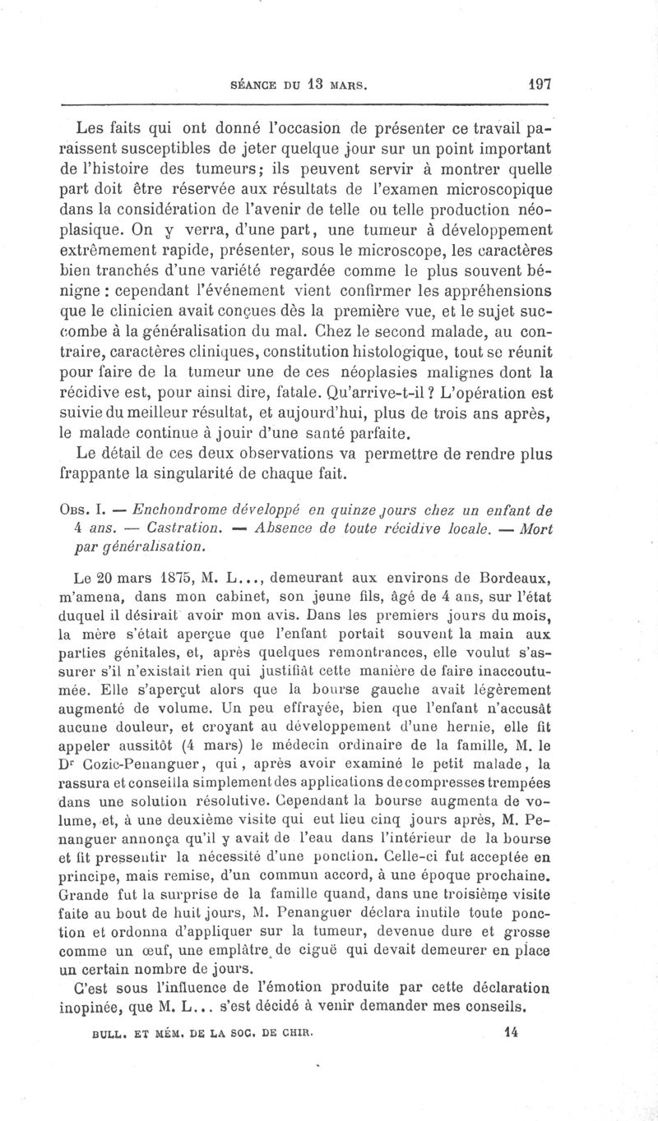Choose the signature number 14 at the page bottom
512,1027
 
